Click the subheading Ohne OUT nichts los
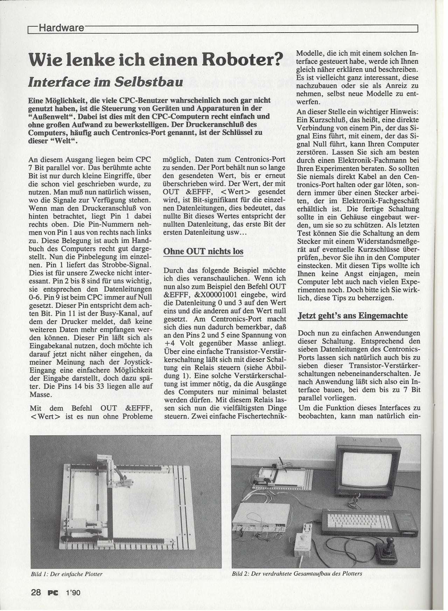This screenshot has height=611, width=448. coord(203,252)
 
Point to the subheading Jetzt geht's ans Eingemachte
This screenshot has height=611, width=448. coord(352,315)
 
